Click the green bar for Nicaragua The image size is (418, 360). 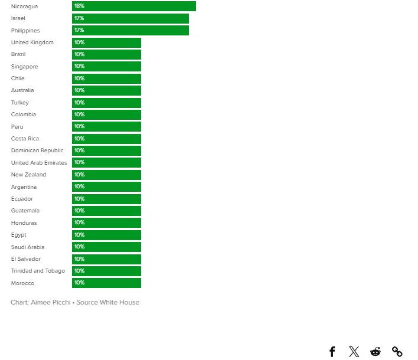tap(133, 6)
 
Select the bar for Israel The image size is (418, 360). tap(130, 18)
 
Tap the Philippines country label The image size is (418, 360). tap(25, 31)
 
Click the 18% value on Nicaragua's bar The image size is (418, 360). tap(79, 6)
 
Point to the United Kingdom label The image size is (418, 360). tap(32, 42)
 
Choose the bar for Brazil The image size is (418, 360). tap(106, 54)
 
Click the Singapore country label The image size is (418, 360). tap(24, 67)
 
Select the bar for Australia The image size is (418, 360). tap(106, 90)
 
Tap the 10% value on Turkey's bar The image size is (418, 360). tap(79, 103)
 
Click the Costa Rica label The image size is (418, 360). tap(25, 139)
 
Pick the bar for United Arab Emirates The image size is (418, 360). tap(106, 163)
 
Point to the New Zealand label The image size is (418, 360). tap(28, 175)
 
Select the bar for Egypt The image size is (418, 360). tap(106, 235)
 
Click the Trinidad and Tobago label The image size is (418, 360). tap(38, 271)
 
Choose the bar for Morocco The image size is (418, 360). tap(106, 283)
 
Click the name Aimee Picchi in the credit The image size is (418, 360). tap(50, 302)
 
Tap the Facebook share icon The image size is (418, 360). tap(332, 352)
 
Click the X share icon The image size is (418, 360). tap(354, 352)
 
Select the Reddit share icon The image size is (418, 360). tap(375, 352)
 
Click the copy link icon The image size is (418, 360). tap(397, 352)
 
